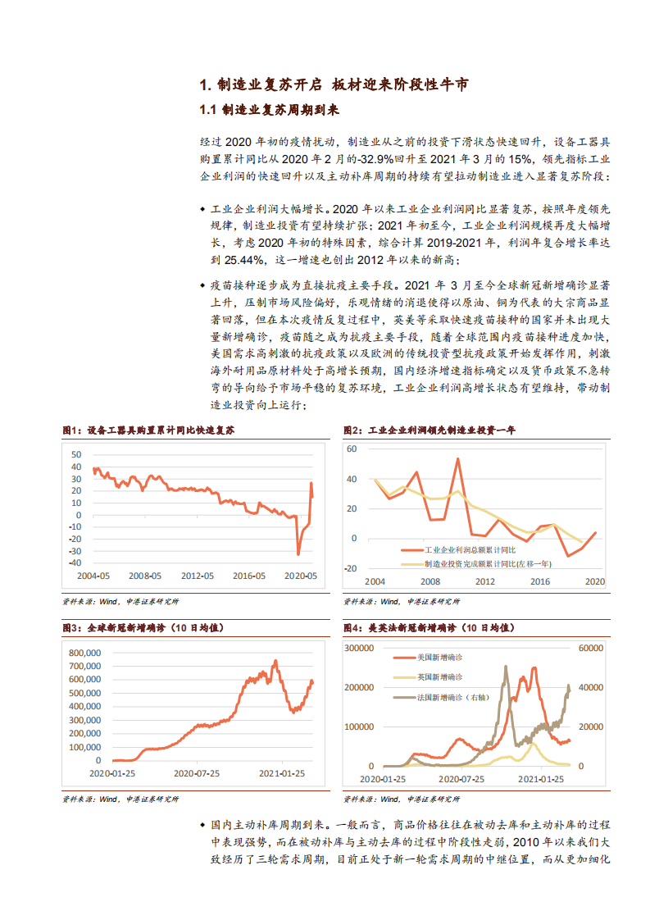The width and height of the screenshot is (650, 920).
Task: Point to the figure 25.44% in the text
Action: coord(238,259)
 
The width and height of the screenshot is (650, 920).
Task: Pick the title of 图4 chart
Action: coord(429,627)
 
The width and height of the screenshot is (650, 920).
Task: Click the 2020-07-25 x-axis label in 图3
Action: coord(197,773)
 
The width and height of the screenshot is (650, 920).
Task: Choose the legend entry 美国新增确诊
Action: coord(439,658)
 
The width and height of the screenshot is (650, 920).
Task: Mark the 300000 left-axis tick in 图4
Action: coord(359,648)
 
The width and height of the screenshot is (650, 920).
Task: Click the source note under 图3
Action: coord(120,799)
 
